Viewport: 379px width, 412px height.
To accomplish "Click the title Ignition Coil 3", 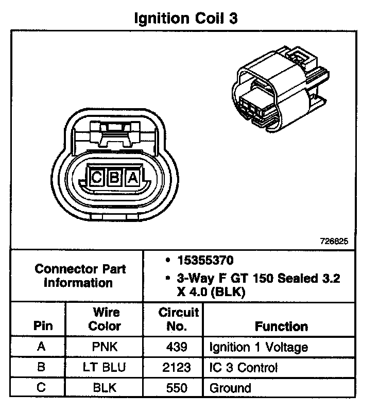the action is point(186,19).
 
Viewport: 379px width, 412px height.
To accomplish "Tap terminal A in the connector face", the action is point(132,178).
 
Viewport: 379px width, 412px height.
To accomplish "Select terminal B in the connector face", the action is point(114,178).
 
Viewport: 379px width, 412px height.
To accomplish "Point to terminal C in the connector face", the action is point(96,178).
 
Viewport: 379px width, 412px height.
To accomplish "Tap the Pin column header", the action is point(42,326).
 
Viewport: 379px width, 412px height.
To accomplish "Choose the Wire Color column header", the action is point(105,319).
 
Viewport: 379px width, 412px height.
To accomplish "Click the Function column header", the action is point(281,326).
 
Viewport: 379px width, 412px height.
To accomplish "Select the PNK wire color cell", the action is point(105,347).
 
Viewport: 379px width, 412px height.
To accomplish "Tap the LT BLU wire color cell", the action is point(105,367).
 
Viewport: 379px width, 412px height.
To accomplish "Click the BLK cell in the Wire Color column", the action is point(105,388).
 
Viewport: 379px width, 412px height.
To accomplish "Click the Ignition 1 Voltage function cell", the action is point(259,347).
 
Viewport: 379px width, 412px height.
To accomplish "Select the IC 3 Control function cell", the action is point(243,368).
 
